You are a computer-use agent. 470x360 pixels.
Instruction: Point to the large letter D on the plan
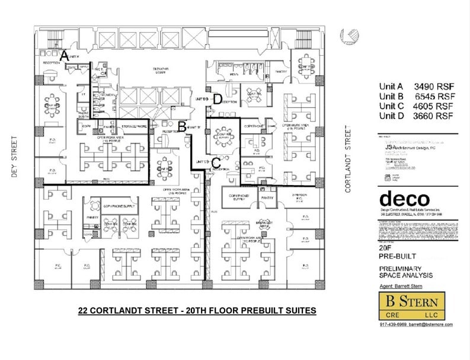point(218,99)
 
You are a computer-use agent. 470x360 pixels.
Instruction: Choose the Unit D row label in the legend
point(392,116)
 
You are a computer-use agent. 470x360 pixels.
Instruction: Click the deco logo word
point(402,199)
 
